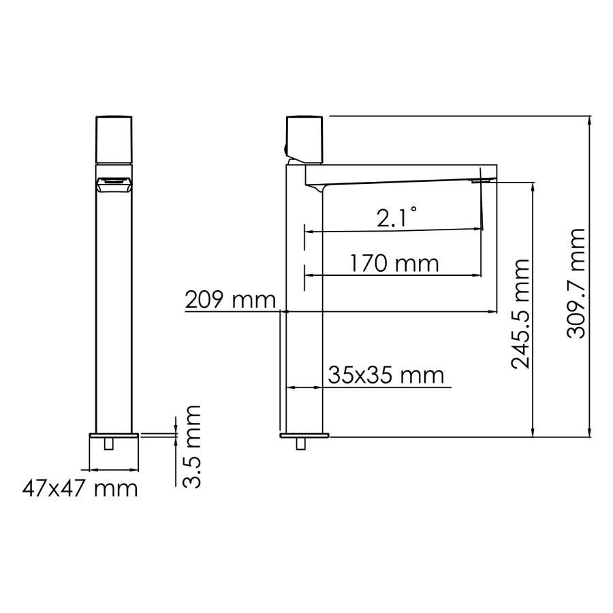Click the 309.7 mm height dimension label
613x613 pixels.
click(576, 283)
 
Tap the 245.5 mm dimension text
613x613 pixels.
click(520, 313)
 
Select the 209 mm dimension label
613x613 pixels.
click(230, 300)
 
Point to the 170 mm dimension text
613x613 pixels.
click(394, 262)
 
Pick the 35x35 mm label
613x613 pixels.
click(386, 375)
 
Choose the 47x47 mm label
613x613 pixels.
click(80, 488)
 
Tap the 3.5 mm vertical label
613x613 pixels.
click(193, 446)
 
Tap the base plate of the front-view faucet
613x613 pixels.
click(114, 435)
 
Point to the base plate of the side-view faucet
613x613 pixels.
click(304, 435)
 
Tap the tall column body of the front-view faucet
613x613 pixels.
click(114, 306)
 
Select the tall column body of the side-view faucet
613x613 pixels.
click(304, 306)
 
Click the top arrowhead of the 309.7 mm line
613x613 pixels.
click(590, 120)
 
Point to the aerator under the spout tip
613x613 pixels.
click(482, 180)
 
